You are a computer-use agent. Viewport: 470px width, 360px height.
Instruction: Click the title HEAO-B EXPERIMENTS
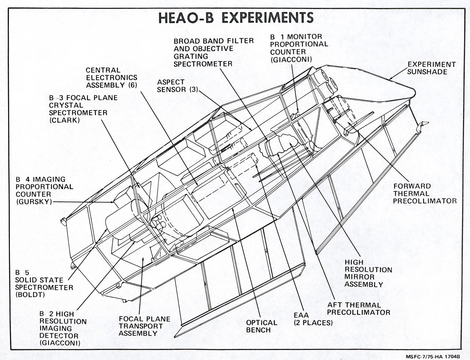[x=235, y=18]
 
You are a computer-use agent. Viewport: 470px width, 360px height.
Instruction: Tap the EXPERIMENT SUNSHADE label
[x=431, y=68]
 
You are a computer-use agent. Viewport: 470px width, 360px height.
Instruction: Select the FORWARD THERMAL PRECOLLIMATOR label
[x=424, y=194]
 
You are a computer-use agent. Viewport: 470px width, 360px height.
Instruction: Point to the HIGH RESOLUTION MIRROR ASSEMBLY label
[x=368, y=273]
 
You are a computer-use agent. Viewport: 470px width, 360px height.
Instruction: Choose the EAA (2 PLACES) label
[x=312, y=319]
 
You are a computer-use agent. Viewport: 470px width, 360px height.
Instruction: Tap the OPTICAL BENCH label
[x=261, y=326]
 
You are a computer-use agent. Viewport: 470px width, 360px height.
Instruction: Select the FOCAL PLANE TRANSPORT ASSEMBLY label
[x=144, y=326]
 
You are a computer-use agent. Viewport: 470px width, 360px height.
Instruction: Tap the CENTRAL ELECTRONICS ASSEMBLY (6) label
[x=111, y=78]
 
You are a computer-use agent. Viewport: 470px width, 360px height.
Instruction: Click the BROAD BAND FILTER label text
[x=213, y=40]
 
